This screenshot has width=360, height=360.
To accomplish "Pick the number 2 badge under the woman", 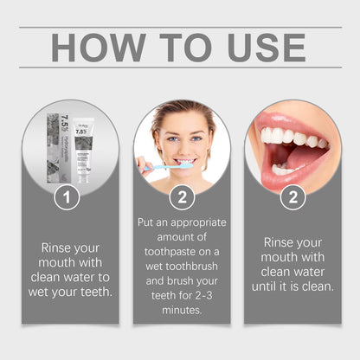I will [181, 197].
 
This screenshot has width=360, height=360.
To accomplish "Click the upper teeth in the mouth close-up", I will [286, 137].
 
